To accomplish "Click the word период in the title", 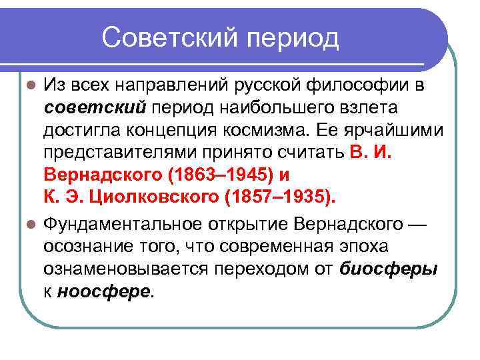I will (294, 37).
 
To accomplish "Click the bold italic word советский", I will (94, 107).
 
